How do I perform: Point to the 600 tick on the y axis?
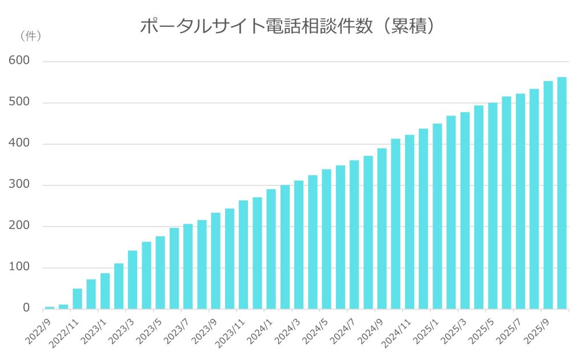click(x=19, y=61)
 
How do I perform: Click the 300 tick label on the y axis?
click(x=19, y=185)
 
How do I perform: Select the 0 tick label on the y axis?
click(x=26, y=309)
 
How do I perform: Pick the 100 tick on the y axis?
click(x=19, y=267)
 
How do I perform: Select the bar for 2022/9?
click(x=50, y=307)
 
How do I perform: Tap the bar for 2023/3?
click(x=133, y=280)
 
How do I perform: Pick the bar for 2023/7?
click(x=188, y=266)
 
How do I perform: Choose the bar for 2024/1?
click(x=271, y=249)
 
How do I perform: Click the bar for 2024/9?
click(x=382, y=229)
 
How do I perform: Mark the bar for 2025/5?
click(x=492, y=206)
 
